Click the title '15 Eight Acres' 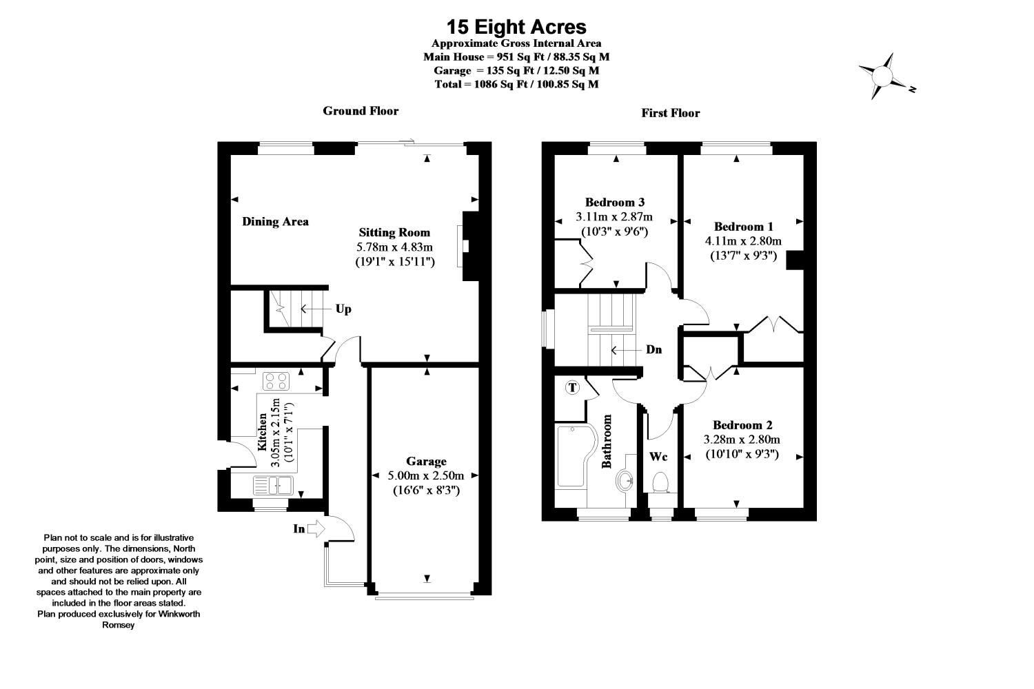pyautogui.click(x=516, y=27)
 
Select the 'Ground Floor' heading pyautogui.click(x=361, y=111)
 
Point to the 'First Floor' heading pyautogui.click(x=670, y=113)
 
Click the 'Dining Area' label pyautogui.click(x=275, y=222)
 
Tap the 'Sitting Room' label pyautogui.click(x=394, y=233)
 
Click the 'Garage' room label pyautogui.click(x=426, y=462)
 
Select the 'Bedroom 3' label pyautogui.click(x=614, y=203)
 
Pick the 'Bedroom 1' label pyautogui.click(x=743, y=227)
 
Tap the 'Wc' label pyautogui.click(x=658, y=456)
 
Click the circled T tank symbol pyautogui.click(x=572, y=388)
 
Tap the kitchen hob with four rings pyautogui.click(x=277, y=380)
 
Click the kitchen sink pyautogui.click(x=274, y=485)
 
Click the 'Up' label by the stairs pyautogui.click(x=343, y=309)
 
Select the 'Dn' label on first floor pyautogui.click(x=653, y=350)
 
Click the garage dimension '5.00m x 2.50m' pyautogui.click(x=426, y=475)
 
